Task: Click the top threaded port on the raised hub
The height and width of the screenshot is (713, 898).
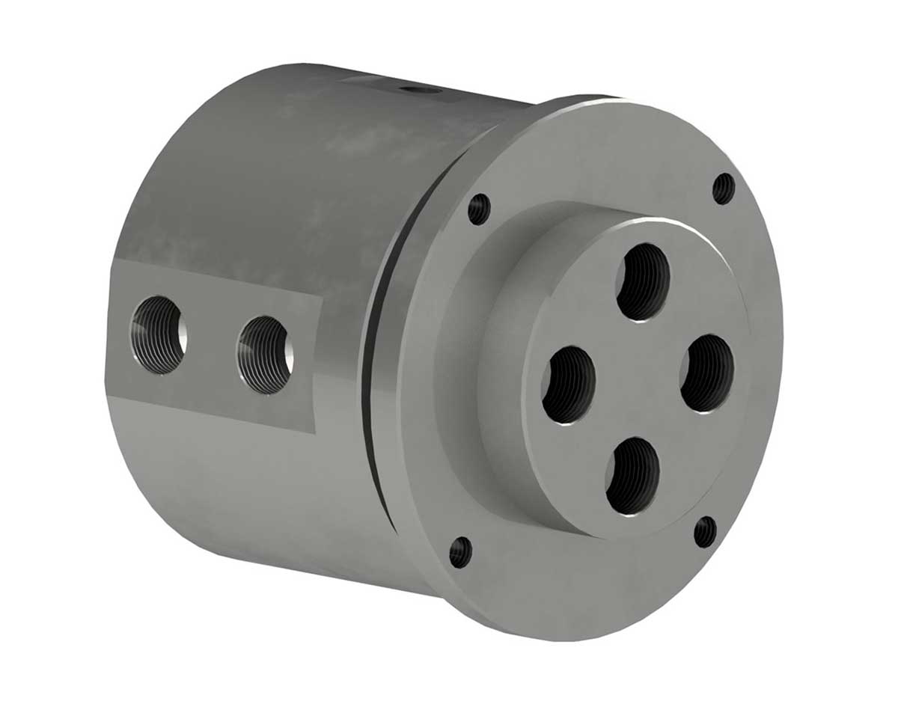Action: click(644, 281)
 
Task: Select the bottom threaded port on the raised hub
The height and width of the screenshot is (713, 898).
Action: click(632, 476)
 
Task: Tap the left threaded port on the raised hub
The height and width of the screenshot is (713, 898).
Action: click(569, 385)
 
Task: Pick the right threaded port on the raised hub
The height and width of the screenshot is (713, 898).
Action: click(706, 373)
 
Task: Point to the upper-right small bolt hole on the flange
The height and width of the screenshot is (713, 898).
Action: click(724, 189)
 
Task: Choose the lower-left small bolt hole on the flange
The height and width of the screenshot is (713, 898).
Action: click(461, 552)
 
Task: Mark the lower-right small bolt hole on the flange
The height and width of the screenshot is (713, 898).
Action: click(705, 532)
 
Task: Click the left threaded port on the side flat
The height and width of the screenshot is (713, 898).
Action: click(158, 334)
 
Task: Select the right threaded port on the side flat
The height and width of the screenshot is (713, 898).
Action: click(265, 355)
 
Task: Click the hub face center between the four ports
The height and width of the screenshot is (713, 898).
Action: click(638, 378)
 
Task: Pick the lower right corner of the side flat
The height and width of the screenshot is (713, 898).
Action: click(318, 432)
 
